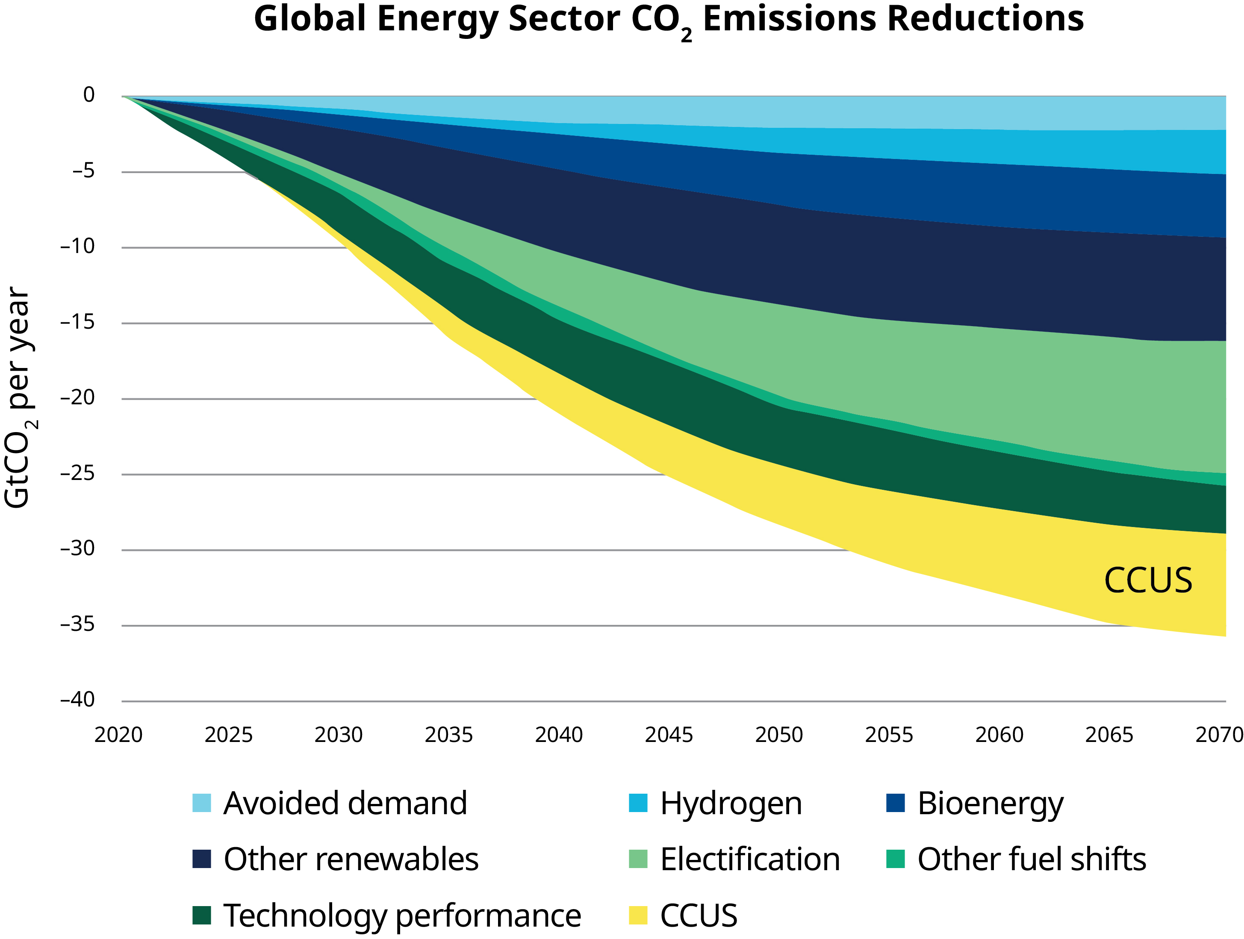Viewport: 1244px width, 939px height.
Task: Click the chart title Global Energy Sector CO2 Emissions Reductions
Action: point(669,20)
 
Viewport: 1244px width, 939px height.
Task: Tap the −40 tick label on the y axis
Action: point(78,700)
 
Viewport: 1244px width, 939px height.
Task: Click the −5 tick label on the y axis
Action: point(84,171)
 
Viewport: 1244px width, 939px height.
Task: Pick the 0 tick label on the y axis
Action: point(89,94)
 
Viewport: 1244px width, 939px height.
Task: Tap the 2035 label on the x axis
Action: point(449,735)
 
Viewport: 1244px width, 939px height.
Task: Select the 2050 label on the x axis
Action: point(779,735)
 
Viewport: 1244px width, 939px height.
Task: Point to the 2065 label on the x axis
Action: point(1109,735)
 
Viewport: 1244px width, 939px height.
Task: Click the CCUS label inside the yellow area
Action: point(1148,580)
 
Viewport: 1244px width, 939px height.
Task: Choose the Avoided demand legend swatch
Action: point(202,803)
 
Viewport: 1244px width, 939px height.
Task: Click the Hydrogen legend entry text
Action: point(731,804)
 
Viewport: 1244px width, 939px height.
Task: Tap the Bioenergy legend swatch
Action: point(895,803)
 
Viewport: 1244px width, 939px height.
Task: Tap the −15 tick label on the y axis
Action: point(78,322)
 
